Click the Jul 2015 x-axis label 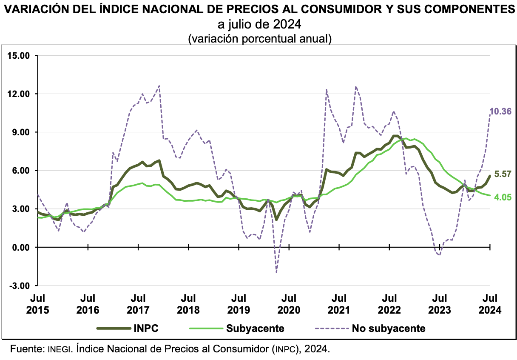(x=38, y=304)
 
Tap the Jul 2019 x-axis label (x=239, y=304)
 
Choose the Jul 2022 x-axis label (x=390, y=304)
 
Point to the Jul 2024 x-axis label (x=490, y=304)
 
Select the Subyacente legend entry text (x=255, y=329)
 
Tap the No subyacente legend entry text (x=388, y=329)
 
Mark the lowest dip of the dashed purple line (x=276, y=272)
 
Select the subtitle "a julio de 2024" (x=258, y=23)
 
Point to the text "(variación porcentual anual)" (x=259, y=38)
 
